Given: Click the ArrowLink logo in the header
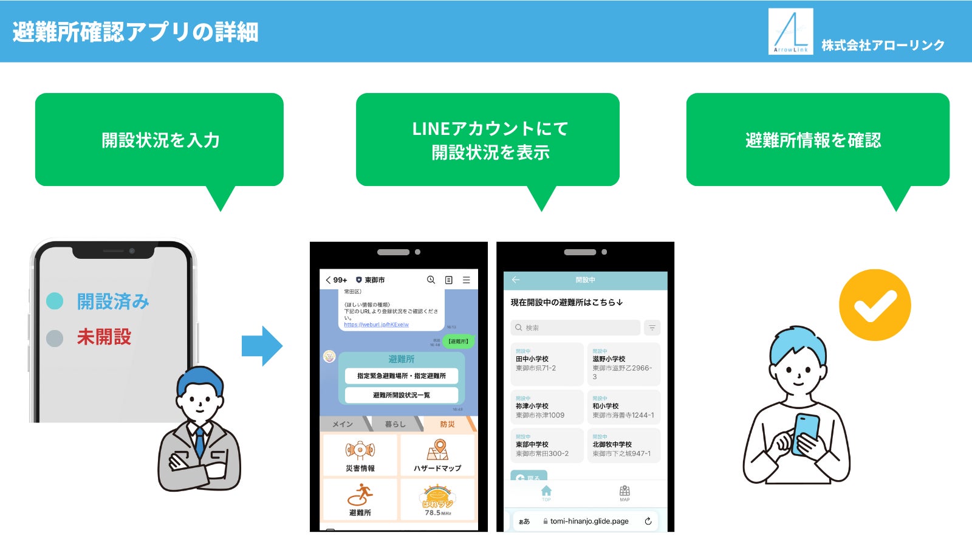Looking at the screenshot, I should pyautogui.click(x=790, y=32).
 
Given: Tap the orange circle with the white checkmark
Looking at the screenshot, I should pyautogui.click(x=875, y=305).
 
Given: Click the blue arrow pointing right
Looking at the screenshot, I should pyautogui.click(x=262, y=346).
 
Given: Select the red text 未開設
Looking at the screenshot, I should pyautogui.click(x=104, y=337).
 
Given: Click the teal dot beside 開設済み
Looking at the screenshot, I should pyautogui.click(x=55, y=301).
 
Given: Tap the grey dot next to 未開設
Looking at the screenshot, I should pyautogui.click(x=55, y=338).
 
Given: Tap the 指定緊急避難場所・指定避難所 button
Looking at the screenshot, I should pyautogui.click(x=401, y=376).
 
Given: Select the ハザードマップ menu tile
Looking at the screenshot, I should pyautogui.click(x=437, y=455).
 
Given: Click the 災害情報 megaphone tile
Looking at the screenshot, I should pyautogui.click(x=360, y=455).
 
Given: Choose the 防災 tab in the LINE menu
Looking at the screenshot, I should pyautogui.click(x=447, y=424).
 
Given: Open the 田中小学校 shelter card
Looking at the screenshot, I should pyautogui.click(x=546, y=363).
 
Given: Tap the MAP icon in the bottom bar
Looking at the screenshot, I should pyautogui.click(x=625, y=493).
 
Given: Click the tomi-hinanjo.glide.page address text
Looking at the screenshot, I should pyautogui.click(x=589, y=521).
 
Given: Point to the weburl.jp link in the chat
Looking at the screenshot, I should pyautogui.click(x=376, y=325).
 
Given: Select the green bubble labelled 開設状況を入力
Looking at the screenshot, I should pyautogui.click(x=159, y=140).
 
